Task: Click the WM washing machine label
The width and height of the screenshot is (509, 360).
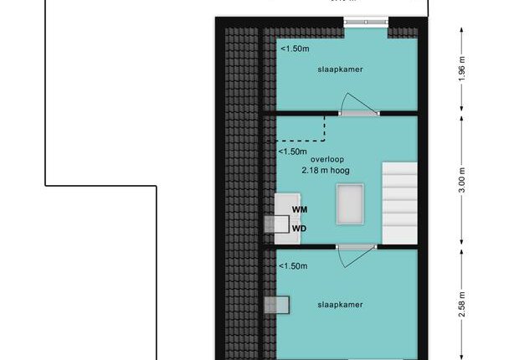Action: click(300, 209)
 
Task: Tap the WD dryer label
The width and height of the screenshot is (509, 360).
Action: click(299, 229)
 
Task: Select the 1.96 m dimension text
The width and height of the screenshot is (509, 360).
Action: click(462, 69)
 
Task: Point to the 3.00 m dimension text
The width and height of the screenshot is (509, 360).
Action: click(462, 180)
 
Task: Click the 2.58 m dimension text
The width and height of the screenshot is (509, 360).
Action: click(462, 304)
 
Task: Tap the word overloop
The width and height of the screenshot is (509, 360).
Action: click(327, 159)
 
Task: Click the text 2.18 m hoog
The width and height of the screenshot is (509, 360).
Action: click(326, 171)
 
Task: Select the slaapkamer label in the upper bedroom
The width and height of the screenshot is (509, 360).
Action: click(340, 69)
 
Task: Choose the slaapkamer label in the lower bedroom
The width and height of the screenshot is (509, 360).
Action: click(340, 305)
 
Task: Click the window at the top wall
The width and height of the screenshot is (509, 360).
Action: click(366, 22)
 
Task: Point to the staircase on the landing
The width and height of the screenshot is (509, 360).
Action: click(399, 203)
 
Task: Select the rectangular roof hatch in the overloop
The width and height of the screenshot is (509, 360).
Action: click(350, 204)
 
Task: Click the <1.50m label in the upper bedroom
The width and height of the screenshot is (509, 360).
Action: click(295, 49)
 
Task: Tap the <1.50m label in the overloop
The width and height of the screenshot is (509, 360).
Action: click(292, 152)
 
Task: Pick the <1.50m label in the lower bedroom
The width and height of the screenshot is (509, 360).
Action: click(293, 266)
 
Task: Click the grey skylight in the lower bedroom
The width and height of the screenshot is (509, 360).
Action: click(276, 305)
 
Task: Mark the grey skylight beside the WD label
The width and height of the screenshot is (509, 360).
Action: click(276, 224)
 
